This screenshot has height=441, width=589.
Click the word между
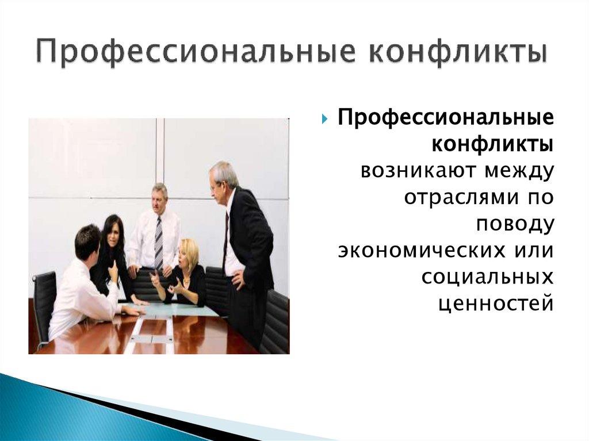pos(516,171)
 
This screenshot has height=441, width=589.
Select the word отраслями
pos(454,197)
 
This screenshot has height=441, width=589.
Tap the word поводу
pos(515,224)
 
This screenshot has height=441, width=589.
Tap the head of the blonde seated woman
pos(189,252)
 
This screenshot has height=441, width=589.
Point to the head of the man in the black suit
pos(222,177)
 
